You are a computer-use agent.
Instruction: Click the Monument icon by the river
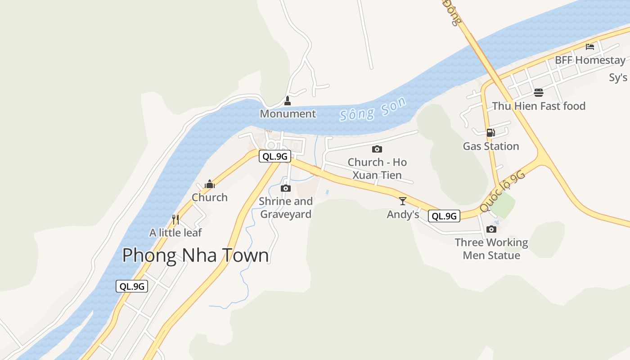click(x=288, y=101)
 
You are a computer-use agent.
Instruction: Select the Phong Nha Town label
click(x=195, y=256)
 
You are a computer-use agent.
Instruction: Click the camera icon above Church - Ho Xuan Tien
click(x=377, y=149)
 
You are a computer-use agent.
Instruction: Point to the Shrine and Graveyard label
click(x=286, y=207)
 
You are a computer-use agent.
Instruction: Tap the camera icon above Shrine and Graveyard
click(x=286, y=188)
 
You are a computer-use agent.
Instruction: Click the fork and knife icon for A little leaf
click(x=175, y=219)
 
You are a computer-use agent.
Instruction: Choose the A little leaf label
click(x=175, y=233)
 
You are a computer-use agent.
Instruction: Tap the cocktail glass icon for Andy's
click(x=403, y=201)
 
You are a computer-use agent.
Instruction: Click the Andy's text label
click(x=403, y=215)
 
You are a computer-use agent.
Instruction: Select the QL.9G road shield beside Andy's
click(x=444, y=216)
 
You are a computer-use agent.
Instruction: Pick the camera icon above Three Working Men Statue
click(x=491, y=229)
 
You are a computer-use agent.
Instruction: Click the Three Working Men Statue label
click(x=491, y=249)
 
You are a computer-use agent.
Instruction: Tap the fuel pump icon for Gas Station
click(x=490, y=132)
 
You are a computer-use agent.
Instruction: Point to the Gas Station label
click(x=491, y=146)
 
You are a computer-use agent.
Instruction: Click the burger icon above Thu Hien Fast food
click(x=539, y=93)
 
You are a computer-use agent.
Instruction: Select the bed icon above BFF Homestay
click(x=590, y=46)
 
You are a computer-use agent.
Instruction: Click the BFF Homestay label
click(x=590, y=60)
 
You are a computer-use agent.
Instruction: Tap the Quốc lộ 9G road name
click(x=503, y=191)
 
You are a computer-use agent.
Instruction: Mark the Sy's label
click(x=618, y=77)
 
